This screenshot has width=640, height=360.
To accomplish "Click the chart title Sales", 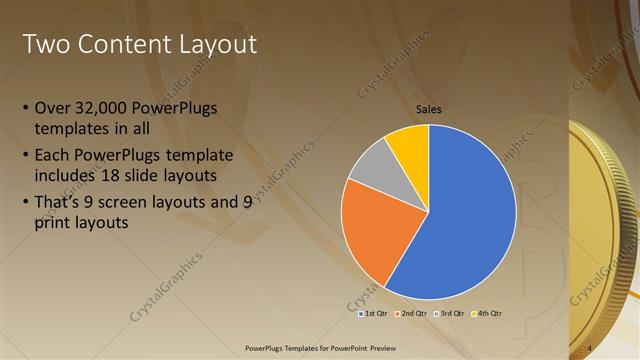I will pos(429,110).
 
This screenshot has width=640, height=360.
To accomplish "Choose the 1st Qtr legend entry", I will pos(374,313).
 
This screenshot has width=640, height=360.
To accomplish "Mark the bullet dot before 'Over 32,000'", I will pos(25,108).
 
